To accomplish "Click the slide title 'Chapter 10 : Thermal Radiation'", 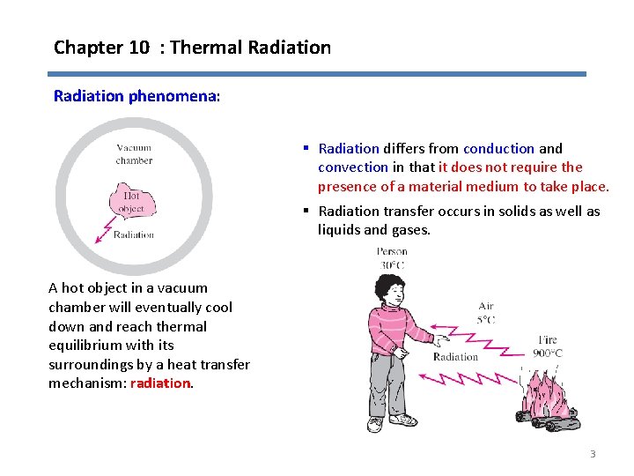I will [192, 48].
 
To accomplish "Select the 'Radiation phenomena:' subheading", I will [136, 95].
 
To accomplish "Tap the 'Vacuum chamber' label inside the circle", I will [134, 154].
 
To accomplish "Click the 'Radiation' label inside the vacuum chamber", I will [134, 234].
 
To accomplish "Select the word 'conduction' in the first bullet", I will [498, 149].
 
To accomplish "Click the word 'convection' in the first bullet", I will [352, 167].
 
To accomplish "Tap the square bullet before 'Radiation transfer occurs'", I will [306, 211].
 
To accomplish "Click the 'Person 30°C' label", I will [392, 257].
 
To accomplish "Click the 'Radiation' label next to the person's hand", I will [455, 357].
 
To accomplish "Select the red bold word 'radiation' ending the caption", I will [159, 383].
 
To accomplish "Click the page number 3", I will [593, 454].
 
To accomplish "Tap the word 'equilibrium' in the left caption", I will [84, 345].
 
